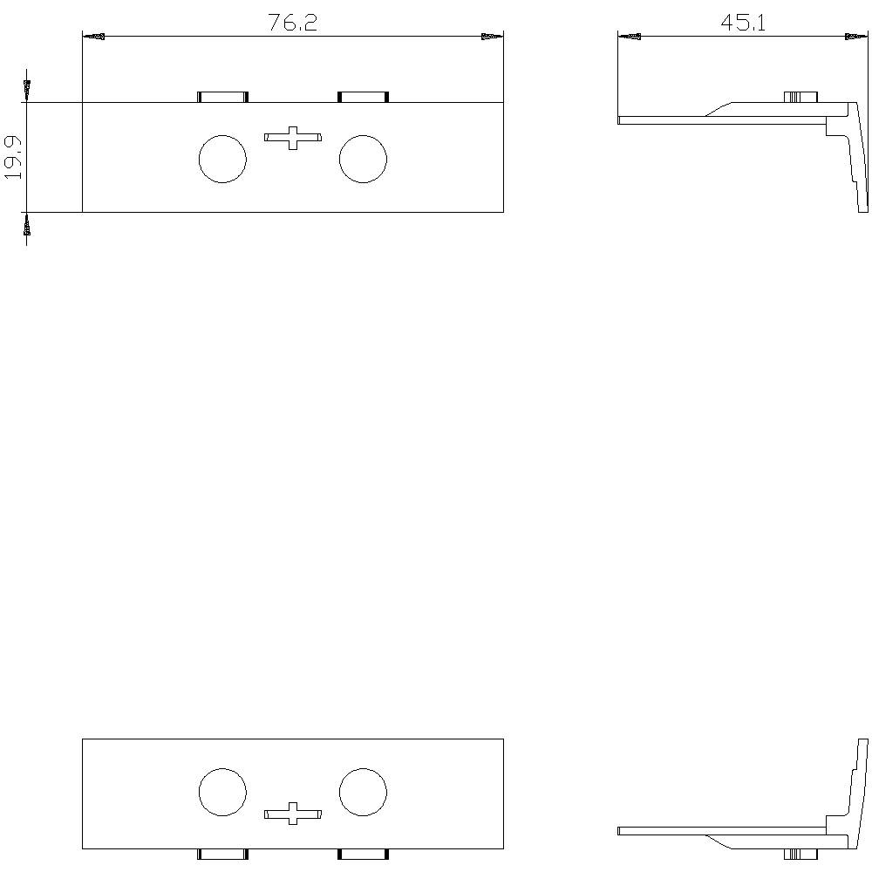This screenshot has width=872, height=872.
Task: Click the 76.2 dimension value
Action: (292, 23)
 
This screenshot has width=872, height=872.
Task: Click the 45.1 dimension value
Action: (743, 23)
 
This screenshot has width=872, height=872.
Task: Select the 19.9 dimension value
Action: (13, 157)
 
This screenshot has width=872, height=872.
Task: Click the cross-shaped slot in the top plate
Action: (292, 138)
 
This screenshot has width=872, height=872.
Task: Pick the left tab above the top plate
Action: (222, 98)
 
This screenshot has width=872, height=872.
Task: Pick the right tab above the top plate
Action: (363, 98)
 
